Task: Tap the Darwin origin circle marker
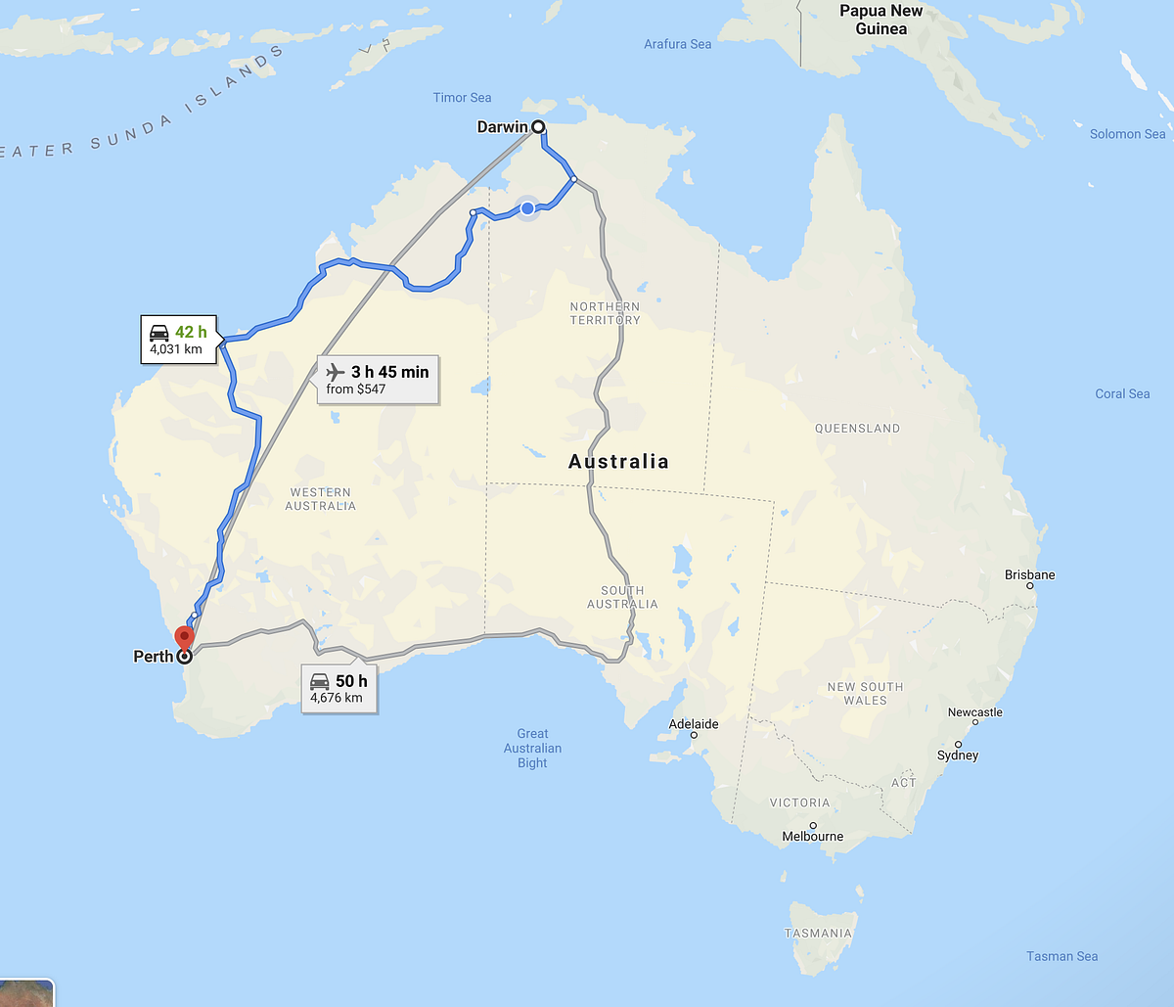coord(538,126)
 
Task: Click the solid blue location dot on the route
coord(527,208)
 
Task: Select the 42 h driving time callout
coord(178,339)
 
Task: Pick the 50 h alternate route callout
coord(339,688)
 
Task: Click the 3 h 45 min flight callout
coord(378,380)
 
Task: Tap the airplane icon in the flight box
coord(336,372)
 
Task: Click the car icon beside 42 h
coord(158,332)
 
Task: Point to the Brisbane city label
coord(1029,574)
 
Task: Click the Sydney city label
coord(957,755)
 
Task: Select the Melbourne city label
coord(812,836)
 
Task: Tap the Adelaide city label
coord(694,724)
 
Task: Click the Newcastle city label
coord(974,712)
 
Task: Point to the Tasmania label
coord(819,933)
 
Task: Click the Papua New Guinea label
coord(880,20)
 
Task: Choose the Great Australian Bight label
coord(532,748)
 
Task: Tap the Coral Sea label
coord(1122,393)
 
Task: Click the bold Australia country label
coord(618,461)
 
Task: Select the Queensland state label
coord(857,428)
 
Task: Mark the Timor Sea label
coord(462,97)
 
